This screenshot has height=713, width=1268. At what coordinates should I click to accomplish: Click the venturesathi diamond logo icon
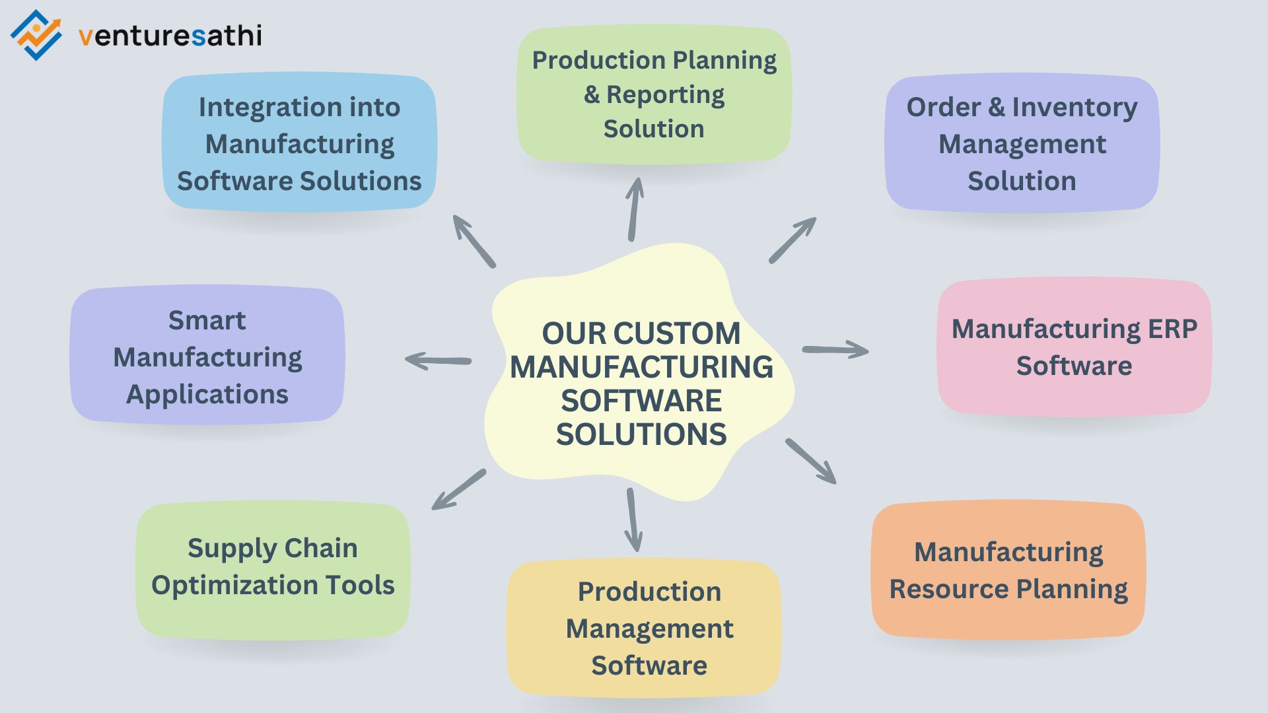pyautogui.click(x=36, y=35)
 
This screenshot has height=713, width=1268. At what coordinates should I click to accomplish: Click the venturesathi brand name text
pyautogui.click(x=170, y=36)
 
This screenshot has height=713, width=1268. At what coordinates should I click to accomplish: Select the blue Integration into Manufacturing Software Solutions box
pyautogui.click(x=299, y=143)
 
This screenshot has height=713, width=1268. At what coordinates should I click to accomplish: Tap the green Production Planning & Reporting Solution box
pyautogui.click(x=654, y=94)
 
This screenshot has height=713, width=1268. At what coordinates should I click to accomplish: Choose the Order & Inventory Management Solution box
pyautogui.click(x=1022, y=143)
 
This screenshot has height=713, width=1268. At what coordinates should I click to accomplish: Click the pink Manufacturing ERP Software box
pyautogui.click(x=1074, y=347)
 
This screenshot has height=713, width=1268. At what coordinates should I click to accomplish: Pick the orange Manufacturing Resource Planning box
pyautogui.click(x=1008, y=570)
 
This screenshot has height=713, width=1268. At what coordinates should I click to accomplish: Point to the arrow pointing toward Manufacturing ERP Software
pyautogui.click(x=835, y=350)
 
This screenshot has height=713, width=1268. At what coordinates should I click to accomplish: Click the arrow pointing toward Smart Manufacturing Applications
pyautogui.click(x=438, y=360)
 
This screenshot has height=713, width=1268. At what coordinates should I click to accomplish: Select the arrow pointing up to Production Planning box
pyautogui.click(x=634, y=209)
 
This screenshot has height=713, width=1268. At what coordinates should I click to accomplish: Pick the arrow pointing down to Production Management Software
pyautogui.click(x=633, y=520)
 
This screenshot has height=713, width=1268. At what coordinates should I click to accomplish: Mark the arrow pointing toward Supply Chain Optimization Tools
pyautogui.click(x=459, y=490)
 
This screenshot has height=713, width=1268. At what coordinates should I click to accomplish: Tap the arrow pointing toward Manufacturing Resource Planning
pyautogui.click(x=811, y=461)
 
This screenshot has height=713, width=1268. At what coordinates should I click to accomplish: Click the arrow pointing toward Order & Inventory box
pyautogui.click(x=792, y=240)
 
